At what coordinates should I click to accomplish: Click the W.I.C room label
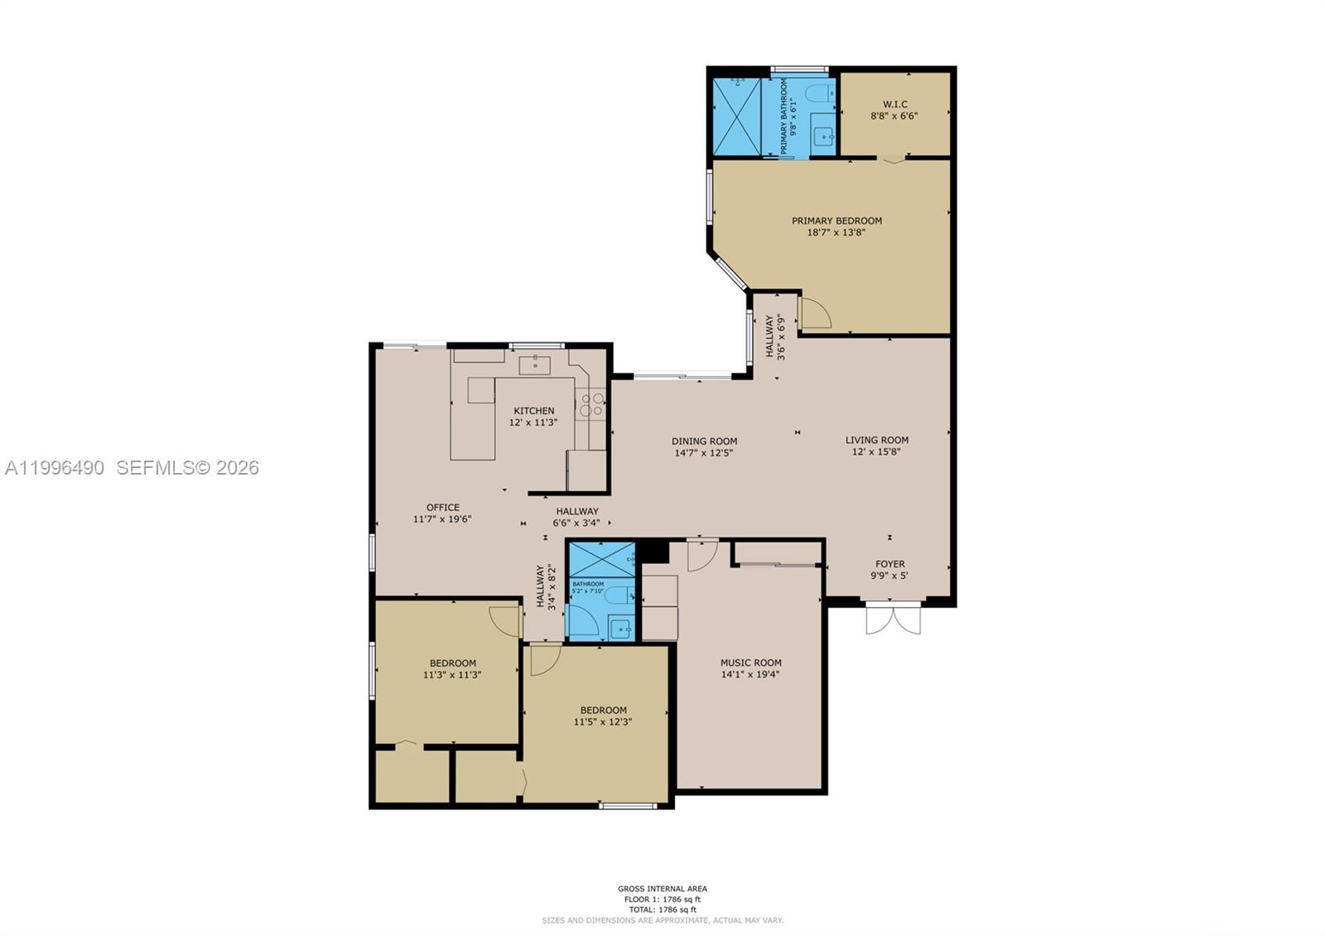894,104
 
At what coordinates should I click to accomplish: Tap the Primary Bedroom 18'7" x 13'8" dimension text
836,233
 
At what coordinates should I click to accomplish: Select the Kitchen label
533,411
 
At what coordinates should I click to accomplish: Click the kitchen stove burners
592,404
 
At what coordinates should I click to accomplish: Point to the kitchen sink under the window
535,364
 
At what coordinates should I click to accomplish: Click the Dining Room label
704,441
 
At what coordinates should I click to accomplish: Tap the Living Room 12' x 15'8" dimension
876,451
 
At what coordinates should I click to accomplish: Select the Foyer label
890,564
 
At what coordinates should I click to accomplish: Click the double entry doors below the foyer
893,620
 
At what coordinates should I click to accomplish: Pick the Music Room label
750,663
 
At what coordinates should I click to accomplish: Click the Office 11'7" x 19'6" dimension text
442,519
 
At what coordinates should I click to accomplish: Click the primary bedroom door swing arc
816,313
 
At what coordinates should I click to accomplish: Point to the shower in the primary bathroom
736,117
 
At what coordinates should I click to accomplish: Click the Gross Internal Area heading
662,889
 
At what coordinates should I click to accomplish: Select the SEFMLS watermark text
187,468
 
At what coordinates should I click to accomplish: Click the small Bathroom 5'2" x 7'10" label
589,584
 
